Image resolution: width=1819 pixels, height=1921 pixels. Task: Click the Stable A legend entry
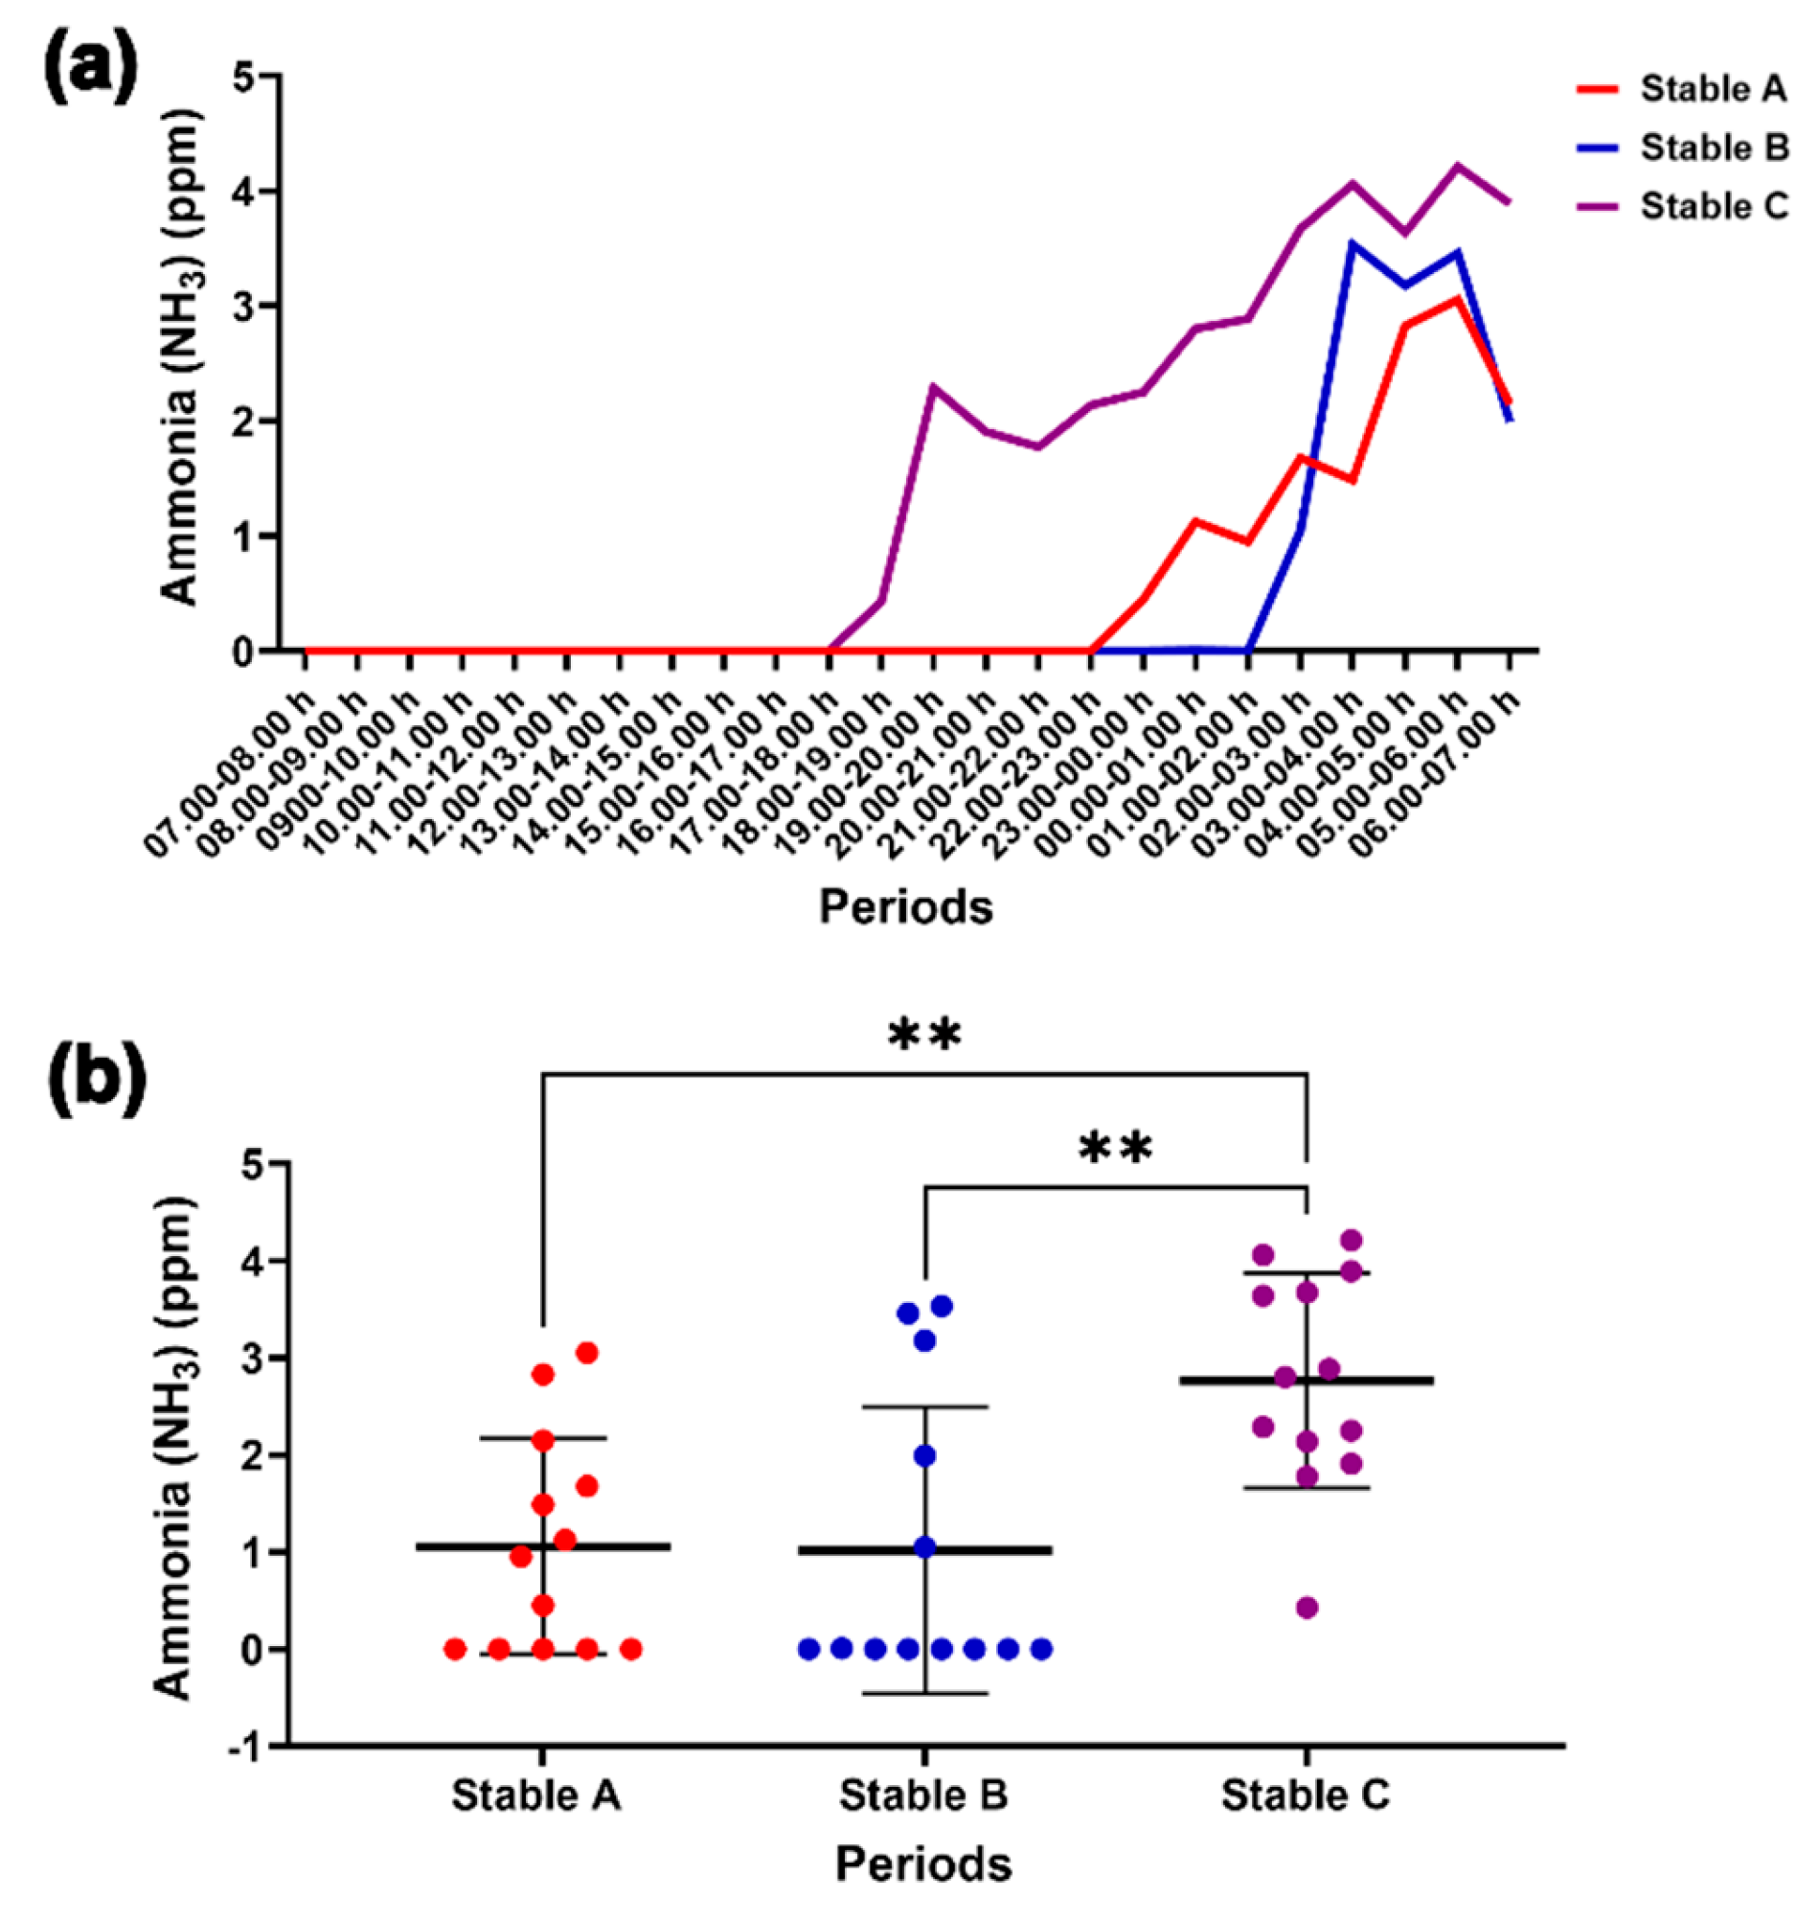point(1712,89)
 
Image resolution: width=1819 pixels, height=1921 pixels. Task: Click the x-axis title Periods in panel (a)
point(905,907)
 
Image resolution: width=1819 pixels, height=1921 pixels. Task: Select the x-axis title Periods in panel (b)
point(923,1863)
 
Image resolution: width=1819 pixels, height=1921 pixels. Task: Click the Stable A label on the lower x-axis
point(536,1795)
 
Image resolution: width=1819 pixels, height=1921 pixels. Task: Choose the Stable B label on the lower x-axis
point(923,1795)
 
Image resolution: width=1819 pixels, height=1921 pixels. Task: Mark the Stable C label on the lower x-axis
point(1306,1795)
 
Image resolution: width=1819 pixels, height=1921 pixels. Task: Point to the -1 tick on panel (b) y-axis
point(247,1748)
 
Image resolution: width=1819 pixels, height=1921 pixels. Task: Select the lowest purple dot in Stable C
point(1307,1608)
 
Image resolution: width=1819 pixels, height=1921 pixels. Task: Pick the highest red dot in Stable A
point(586,1353)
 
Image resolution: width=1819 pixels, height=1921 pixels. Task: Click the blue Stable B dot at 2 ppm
point(924,1455)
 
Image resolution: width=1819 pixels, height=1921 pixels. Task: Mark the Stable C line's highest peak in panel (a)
point(1456,166)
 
